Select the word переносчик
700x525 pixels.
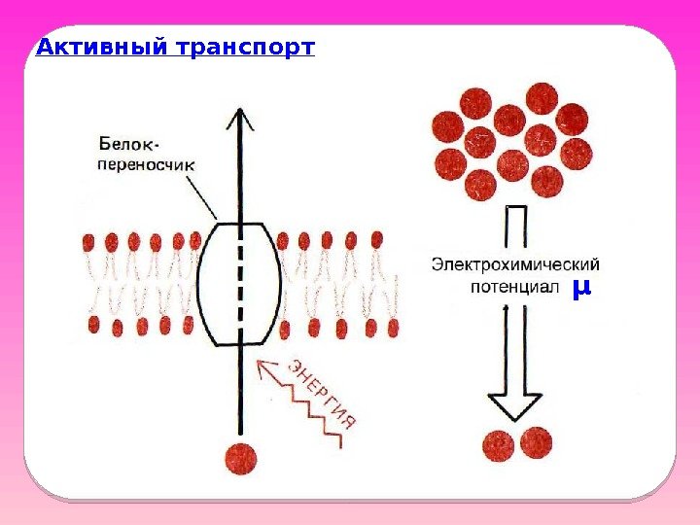tap(146, 164)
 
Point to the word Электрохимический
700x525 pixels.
tap(515, 264)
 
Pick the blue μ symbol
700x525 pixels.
tap(581, 288)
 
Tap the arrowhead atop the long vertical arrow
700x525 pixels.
tap(239, 118)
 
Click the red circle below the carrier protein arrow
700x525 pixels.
tap(240, 458)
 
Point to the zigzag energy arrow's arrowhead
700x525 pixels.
tap(263, 367)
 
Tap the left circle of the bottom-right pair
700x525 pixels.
tap(499, 444)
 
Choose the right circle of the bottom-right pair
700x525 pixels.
tap(535, 442)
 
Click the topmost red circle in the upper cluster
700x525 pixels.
tap(542, 98)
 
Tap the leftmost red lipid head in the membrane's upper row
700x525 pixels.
tap(88, 240)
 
